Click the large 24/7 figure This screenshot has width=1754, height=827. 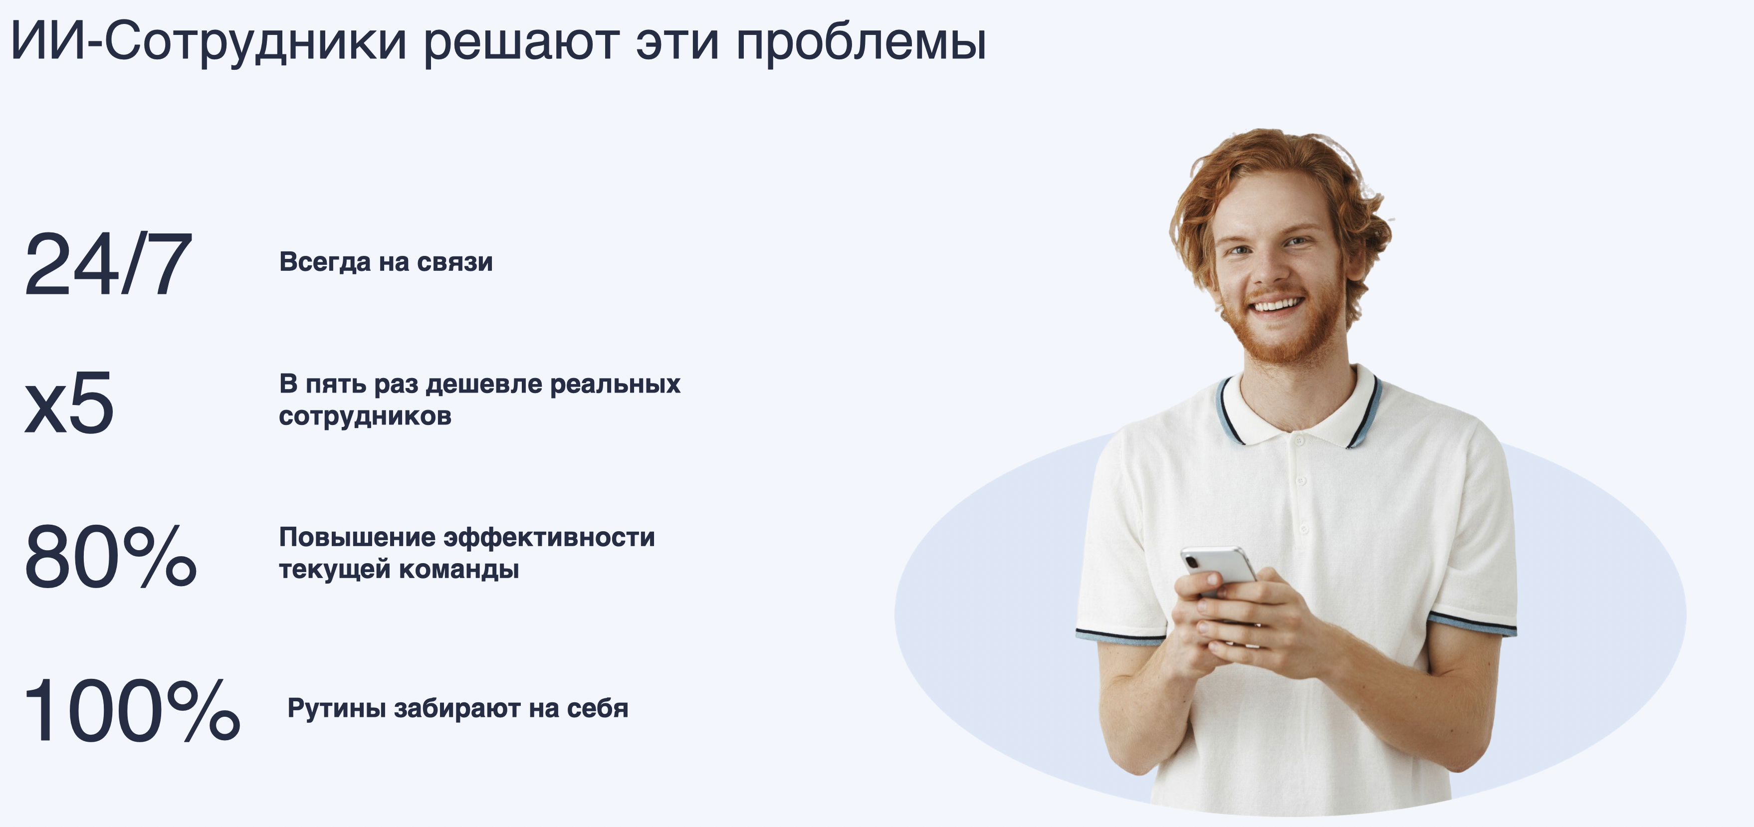click(x=108, y=264)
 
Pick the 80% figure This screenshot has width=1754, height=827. click(x=110, y=556)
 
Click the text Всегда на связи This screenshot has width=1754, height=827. click(x=386, y=262)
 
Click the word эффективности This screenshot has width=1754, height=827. click(x=549, y=538)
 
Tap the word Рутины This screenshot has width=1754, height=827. click(x=337, y=709)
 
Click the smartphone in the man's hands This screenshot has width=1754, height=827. click(x=1221, y=572)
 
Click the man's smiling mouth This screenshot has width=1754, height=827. click(x=1278, y=304)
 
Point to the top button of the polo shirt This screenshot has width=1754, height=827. click(x=1299, y=440)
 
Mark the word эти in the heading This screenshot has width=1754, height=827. click(x=678, y=45)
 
